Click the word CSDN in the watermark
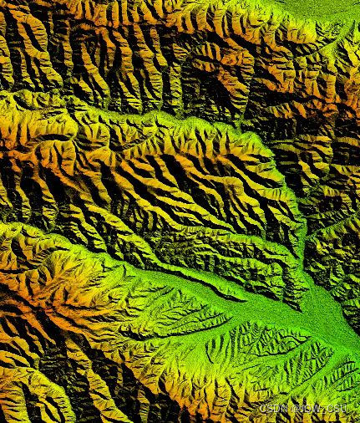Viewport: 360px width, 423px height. click(x=272, y=407)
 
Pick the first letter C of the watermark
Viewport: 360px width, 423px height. click(x=262, y=407)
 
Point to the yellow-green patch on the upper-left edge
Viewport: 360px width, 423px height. click(x=13, y=113)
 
